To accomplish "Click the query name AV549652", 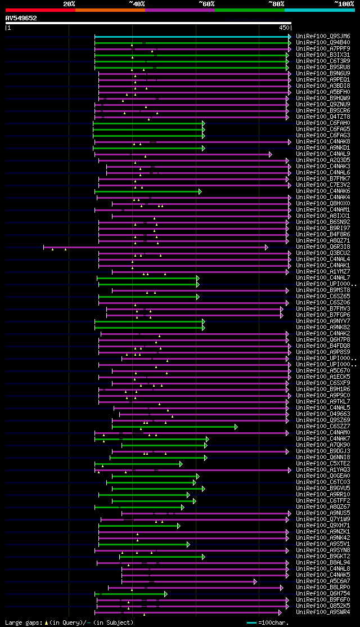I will [21, 18].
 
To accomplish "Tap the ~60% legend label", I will [206, 4].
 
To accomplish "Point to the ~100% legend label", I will [344, 4].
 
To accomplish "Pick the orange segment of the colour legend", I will [110, 10].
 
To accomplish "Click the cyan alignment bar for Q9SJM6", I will [191, 36].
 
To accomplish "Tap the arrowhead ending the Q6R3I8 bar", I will [267, 247].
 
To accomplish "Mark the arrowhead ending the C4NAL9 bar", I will [271, 154].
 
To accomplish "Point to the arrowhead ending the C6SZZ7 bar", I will [236, 426].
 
